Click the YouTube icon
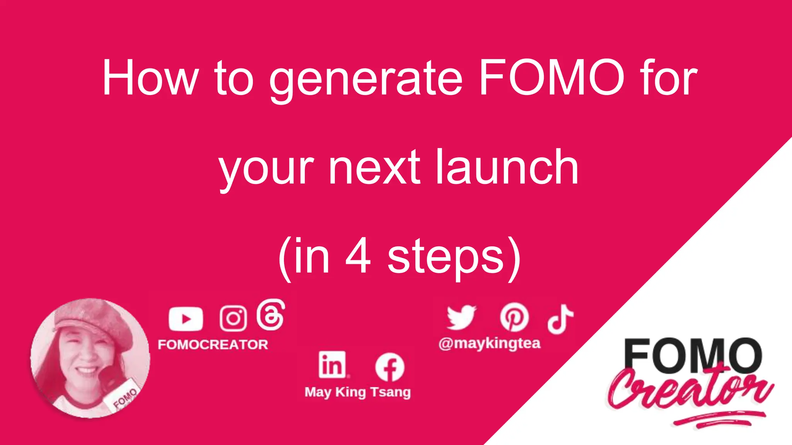tap(186, 319)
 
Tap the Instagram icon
tap(233, 318)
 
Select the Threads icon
tap(271, 315)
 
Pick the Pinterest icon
tap(514, 317)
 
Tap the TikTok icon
tap(560, 319)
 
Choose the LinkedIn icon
tap(332, 365)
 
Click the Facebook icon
tap(389, 367)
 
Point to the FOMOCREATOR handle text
tap(213, 345)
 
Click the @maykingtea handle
tap(489, 343)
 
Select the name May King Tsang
tap(357, 392)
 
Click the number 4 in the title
tap(358, 256)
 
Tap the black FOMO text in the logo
tap(692, 355)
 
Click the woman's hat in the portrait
tap(95, 319)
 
